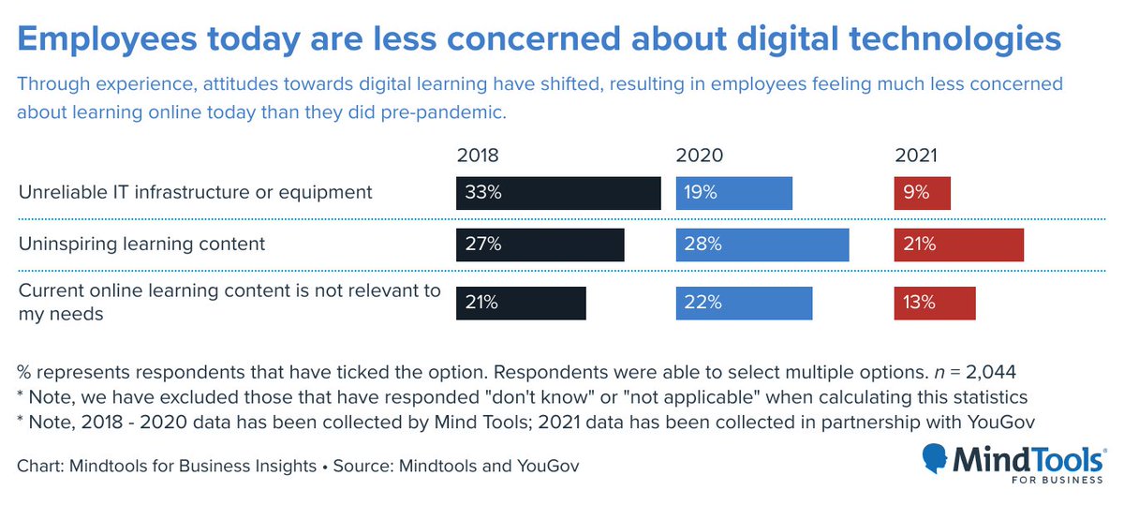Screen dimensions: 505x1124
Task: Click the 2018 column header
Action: coord(477,156)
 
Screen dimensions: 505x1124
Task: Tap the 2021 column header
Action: coord(915,156)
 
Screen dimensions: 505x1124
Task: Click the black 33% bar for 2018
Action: coord(558,192)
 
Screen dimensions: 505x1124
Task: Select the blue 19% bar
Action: coord(733,192)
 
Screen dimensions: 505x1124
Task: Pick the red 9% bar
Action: coord(922,192)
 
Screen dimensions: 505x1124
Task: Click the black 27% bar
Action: coord(540,245)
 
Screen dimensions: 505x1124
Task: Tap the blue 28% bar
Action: coord(762,245)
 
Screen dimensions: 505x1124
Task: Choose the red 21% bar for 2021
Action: coord(958,245)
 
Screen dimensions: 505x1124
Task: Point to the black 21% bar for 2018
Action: coord(521,303)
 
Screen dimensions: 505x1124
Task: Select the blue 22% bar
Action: coord(744,303)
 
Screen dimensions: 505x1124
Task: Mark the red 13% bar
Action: coord(935,303)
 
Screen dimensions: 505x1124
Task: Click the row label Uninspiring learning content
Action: coord(141,245)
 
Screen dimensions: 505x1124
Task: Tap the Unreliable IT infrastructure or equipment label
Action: coord(195,192)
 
